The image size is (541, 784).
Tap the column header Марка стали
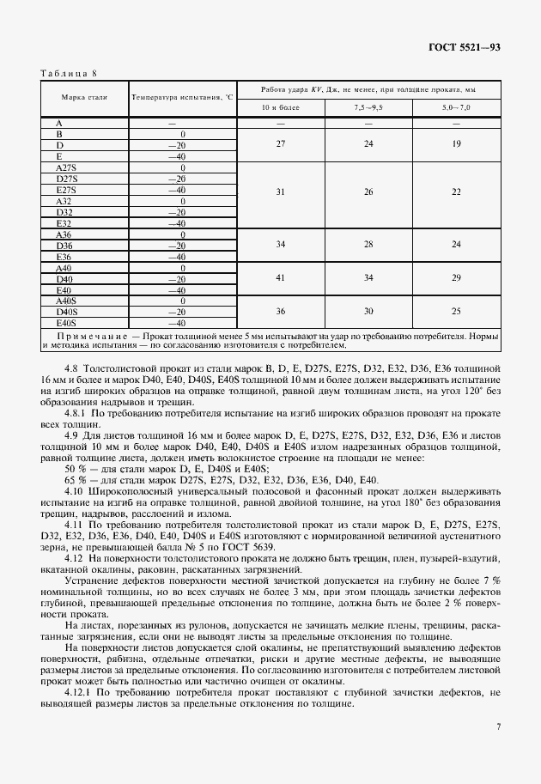[85, 99]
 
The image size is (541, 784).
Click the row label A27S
[66, 167]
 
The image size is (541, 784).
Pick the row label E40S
[66, 323]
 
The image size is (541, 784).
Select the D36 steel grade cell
[64, 246]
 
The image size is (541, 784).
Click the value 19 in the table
[456, 145]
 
